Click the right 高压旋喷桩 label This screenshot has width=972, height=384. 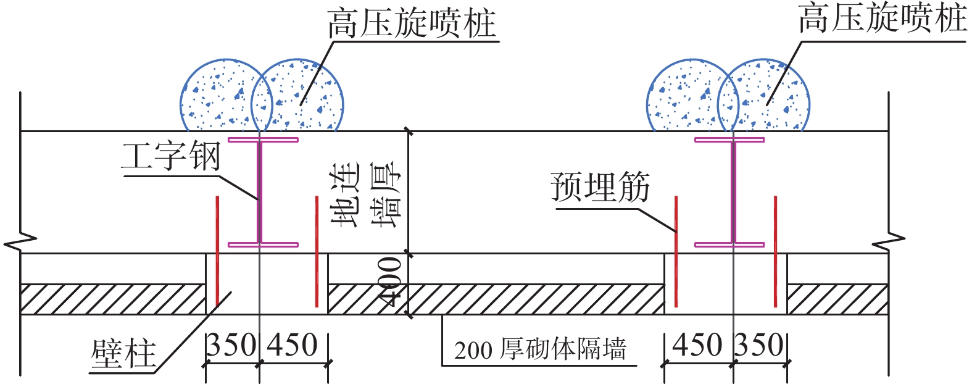pyautogui.click(x=883, y=19)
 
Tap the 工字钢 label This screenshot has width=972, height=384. pyautogui.click(x=171, y=157)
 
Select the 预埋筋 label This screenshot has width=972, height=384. pyautogui.click(x=600, y=188)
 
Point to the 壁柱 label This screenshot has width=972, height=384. pyautogui.click(x=123, y=354)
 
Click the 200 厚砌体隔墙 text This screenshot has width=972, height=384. pyautogui.click(x=540, y=349)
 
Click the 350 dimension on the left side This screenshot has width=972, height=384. pyautogui.click(x=231, y=345)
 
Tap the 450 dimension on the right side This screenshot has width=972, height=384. pyautogui.click(x=697, y=345)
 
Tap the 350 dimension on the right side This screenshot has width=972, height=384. pyautogui.click(x=760, y=345)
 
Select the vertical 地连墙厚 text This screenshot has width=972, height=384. pyautogui.click(x=366, y=194)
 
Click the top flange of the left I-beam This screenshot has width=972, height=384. pyautogui.click(x=263, y=140)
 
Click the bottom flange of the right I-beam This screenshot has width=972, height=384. pyautogui.click(x=729, y=244)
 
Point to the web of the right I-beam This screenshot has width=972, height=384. pyautogui.click(x=733, y=191)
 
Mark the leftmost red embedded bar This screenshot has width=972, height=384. pyautogui.click(x=217, y=251)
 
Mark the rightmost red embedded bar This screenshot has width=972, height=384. pyautogui.click(x=775, y=251)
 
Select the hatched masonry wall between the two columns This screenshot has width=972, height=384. pyautogui.click(x=494, y=299)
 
